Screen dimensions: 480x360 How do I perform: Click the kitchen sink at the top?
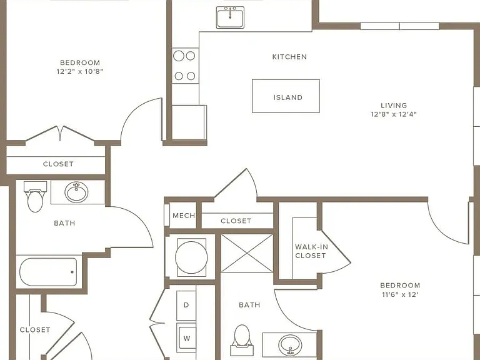(x=230, y=17)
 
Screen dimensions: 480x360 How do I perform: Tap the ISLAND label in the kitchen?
(x=287, y=97)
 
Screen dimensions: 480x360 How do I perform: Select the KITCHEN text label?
(x=289, y=57)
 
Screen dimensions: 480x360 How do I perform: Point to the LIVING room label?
(x=394, y=105)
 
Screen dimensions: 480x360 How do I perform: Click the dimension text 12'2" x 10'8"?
(x=80, y=72)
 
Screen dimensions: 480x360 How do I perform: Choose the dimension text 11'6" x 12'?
(x=400, y=294)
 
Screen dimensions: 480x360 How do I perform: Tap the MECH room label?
(x=184, y=216)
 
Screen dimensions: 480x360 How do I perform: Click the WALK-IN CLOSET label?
(x=311, y=251)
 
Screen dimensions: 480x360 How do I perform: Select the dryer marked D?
(x=186, y=305)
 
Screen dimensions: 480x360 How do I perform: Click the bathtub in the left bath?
(x=48, y=272)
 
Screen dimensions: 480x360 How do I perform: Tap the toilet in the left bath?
(x=35, y=196)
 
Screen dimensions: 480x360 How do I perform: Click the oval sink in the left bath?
(x=76, y=192)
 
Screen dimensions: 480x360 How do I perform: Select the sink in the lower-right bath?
(x=290, y=345)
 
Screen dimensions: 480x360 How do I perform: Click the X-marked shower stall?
(x=247, y=253)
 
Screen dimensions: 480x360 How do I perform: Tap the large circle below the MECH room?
(x=191, y=257)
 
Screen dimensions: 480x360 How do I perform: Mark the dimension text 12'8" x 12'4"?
(x=394, y=114)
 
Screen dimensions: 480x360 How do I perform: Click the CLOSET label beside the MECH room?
(x=236, y=221)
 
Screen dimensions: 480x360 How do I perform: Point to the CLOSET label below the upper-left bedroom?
(x=58, y=164)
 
